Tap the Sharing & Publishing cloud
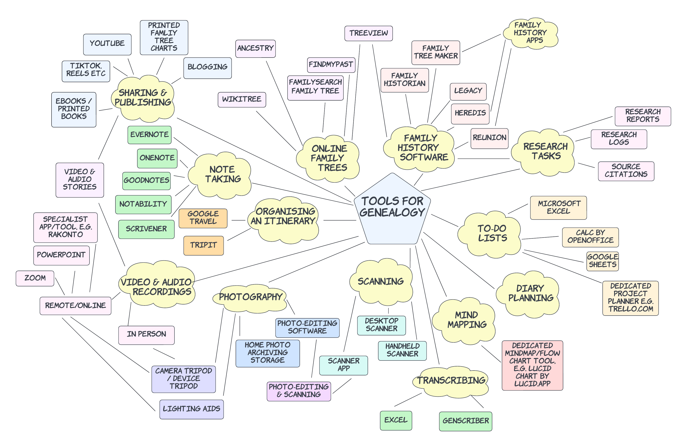coord(143,98)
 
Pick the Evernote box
coord(149,135)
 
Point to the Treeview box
coord(368,33)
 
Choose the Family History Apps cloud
coord(530,33)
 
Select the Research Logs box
coord(619,139)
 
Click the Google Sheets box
coord(602,261)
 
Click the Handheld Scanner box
coord(402,350)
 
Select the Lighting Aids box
coord(191,409)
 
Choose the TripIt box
coord(203,245)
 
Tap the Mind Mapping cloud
coord(467,320)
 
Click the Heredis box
coord(470,113)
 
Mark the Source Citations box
coord(626,171)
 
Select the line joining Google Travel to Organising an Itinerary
coord(238,220)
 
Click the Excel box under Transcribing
coord(396,420)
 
